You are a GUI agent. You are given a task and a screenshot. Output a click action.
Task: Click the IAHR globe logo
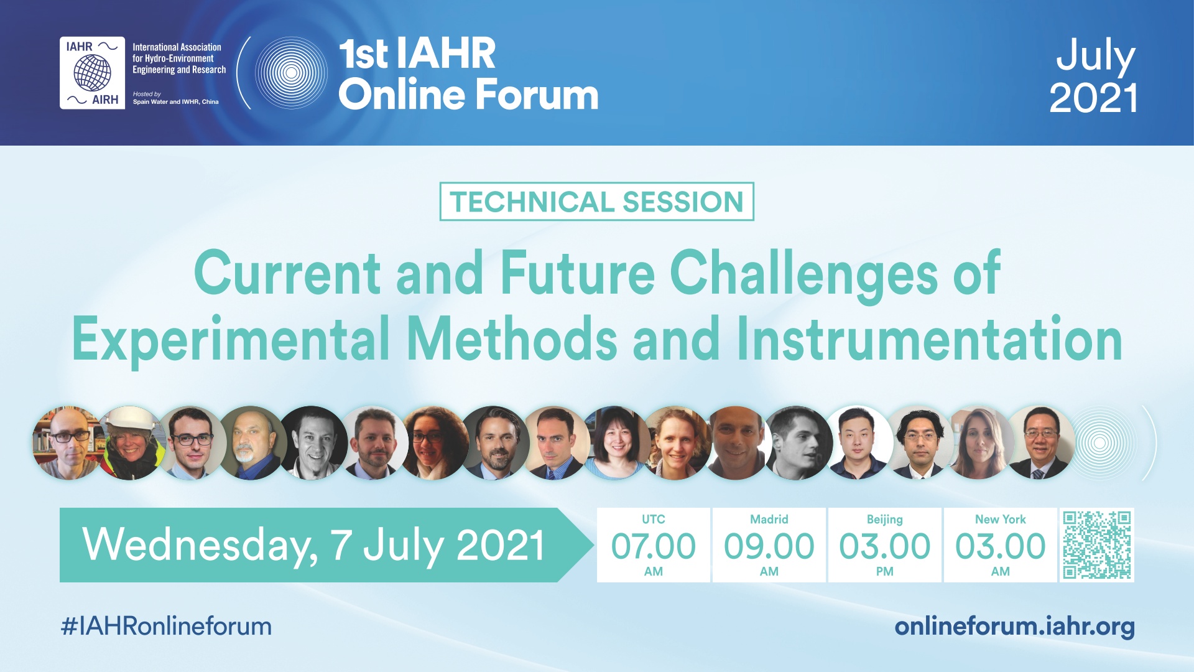click(x=92, y=73)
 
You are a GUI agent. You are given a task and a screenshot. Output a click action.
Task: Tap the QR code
click(x=1096, y=545)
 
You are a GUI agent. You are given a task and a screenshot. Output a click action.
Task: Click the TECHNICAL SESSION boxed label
click(x=596, y=202)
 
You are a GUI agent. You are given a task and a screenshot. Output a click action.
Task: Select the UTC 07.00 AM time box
click(x=653, y=545)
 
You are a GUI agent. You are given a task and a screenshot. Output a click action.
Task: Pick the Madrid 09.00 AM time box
click(x=769, y=545)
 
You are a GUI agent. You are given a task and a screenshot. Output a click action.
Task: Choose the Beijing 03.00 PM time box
click(x=885, y=545)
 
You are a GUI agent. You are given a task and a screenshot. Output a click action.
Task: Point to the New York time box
click(x=1001, y=545)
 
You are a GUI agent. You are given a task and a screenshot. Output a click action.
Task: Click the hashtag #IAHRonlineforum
click(x=166, y=626)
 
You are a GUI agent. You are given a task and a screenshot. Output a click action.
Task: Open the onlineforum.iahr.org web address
click(x=1014, y=627)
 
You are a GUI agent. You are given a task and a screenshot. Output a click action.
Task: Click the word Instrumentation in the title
click(x=930, y=339)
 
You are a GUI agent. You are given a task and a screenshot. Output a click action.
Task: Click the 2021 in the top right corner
click(x=1093, y=98)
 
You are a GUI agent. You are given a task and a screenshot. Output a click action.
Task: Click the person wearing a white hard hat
click(x=131, y=443)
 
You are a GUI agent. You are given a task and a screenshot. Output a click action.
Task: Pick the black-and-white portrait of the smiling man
click(x=313, y=443)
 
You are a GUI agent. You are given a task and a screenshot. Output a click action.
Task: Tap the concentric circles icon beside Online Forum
click(x=291, y=73)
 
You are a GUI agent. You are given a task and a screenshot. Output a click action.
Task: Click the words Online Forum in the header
click(x=468, y=95)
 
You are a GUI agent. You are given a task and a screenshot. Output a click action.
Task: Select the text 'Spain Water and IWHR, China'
click(x=175, y=102)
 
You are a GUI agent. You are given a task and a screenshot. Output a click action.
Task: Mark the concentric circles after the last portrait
click(x=1099, y=443)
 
